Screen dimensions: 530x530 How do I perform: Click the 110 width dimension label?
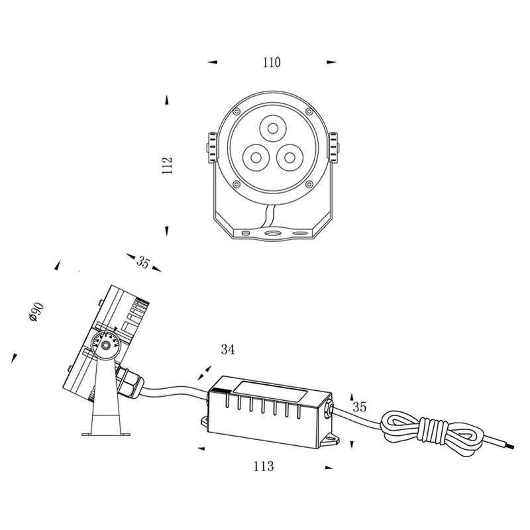pos(272,62)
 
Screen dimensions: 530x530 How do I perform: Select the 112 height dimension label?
pos(168,166)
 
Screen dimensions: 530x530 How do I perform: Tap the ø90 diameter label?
pos(36,311)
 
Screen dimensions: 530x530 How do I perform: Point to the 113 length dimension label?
pos(263,466)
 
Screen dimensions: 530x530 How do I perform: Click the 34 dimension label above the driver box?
pos(227,350)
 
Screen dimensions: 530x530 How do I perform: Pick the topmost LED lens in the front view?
pos(273,129)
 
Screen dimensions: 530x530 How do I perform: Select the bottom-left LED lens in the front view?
pos(256,158)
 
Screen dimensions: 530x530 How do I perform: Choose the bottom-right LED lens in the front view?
pos(290,157)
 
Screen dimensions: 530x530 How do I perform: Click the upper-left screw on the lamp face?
pos(237,111)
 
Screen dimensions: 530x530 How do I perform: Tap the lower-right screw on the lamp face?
pos(309,184)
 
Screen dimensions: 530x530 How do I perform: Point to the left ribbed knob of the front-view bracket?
pos(211,147)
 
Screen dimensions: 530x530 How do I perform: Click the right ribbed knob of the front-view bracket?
pos(334,147)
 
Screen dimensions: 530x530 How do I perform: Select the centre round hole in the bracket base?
pos(272,233)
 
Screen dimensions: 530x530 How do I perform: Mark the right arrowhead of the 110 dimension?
pos(332,62)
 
